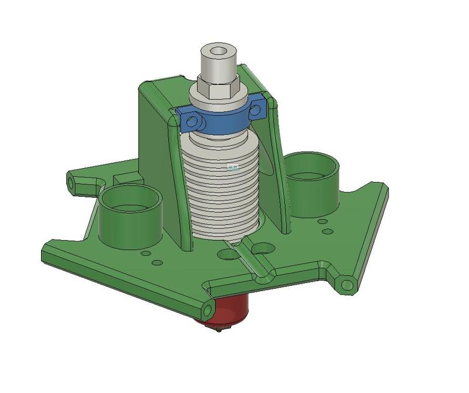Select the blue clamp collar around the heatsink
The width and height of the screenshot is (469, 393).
223,121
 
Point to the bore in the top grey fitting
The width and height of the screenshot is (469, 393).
219,52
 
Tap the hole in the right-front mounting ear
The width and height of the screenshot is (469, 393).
347,285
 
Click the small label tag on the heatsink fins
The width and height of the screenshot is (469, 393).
233,167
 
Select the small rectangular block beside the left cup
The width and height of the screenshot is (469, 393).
127,177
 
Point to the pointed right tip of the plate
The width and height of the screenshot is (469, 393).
384,188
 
